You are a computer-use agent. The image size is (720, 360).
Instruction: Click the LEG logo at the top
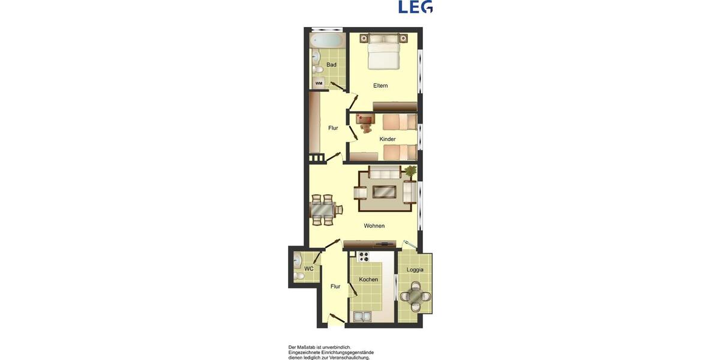(415, 7)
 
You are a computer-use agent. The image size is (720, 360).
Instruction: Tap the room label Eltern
(380, 86)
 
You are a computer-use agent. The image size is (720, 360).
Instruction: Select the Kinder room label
(388, 139)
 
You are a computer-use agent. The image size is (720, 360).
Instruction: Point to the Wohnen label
(374, 226)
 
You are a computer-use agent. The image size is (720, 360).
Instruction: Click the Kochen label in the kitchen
(368, 280)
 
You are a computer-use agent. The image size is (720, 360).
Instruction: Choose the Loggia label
(415, 269)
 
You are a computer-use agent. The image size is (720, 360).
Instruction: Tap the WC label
(309, 269)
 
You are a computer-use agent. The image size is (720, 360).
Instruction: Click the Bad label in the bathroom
(331, 65)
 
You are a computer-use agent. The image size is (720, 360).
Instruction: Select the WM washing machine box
(319, 83)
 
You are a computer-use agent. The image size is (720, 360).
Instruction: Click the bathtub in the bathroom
(327, 41)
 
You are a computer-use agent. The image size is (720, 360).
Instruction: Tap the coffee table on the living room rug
(384, 192)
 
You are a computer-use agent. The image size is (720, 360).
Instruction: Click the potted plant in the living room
(410, 172)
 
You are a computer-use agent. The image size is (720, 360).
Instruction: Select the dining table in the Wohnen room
(323, 210)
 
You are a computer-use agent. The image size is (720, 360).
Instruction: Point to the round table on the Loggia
(415, 296)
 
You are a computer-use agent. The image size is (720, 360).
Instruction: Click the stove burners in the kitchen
(363, 257)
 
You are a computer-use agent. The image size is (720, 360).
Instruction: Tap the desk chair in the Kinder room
(365, 127)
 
